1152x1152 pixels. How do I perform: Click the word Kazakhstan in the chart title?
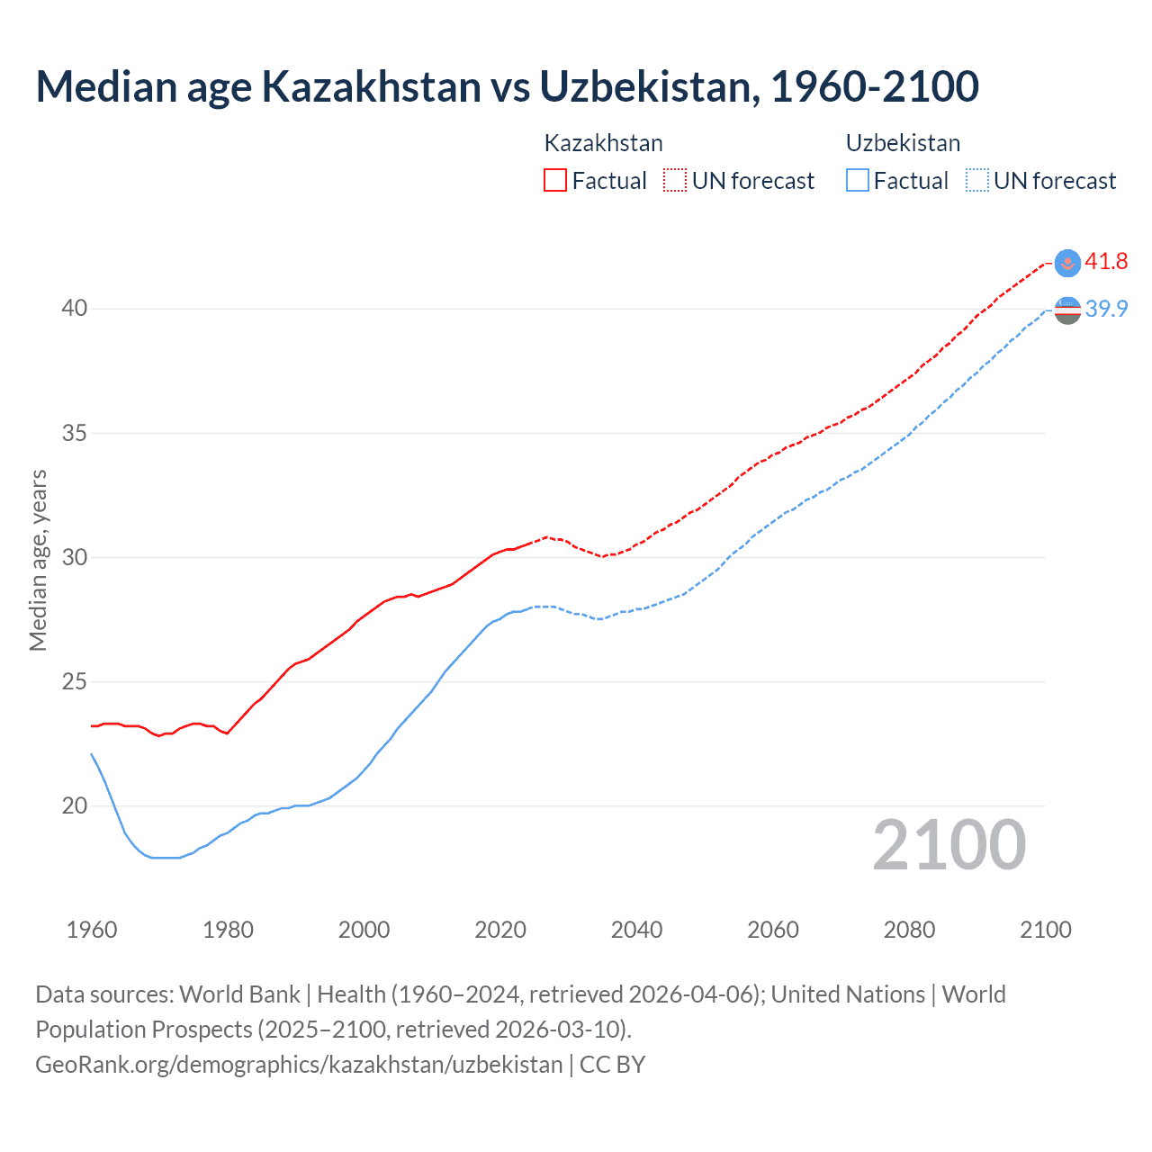(x=371, y=87)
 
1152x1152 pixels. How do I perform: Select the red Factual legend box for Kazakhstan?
(x=555, y=180)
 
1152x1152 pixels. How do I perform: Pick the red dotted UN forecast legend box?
(x=675, y=180)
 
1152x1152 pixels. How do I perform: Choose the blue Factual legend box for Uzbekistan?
(x=858, y=180)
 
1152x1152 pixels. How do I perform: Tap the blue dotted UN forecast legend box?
(x=976, y=180)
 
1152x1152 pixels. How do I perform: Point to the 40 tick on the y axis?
(x=74, y=308)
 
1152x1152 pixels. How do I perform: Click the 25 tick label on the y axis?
(x=74, y=681)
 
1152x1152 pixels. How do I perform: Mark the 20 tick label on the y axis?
(x=74, y=805)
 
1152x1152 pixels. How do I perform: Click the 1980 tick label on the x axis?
(x=228, y=930)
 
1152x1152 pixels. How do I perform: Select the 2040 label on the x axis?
(x=636, y=930)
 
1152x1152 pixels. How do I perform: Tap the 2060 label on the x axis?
(x=773, y=930)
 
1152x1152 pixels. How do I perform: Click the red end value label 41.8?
(x=1106, y=262)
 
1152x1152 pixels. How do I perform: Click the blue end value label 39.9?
(x=1106, y=309)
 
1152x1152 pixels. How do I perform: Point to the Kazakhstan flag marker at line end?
(x=1067, y=262)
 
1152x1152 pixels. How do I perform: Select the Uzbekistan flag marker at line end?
(x=1067, y=310)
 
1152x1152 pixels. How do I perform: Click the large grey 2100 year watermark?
(x=949, y=844)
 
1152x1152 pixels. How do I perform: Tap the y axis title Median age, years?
(x=38, y=560)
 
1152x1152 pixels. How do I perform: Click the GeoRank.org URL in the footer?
(x=299, y=1065)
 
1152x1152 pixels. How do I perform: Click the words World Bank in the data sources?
(x=239, y=994)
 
